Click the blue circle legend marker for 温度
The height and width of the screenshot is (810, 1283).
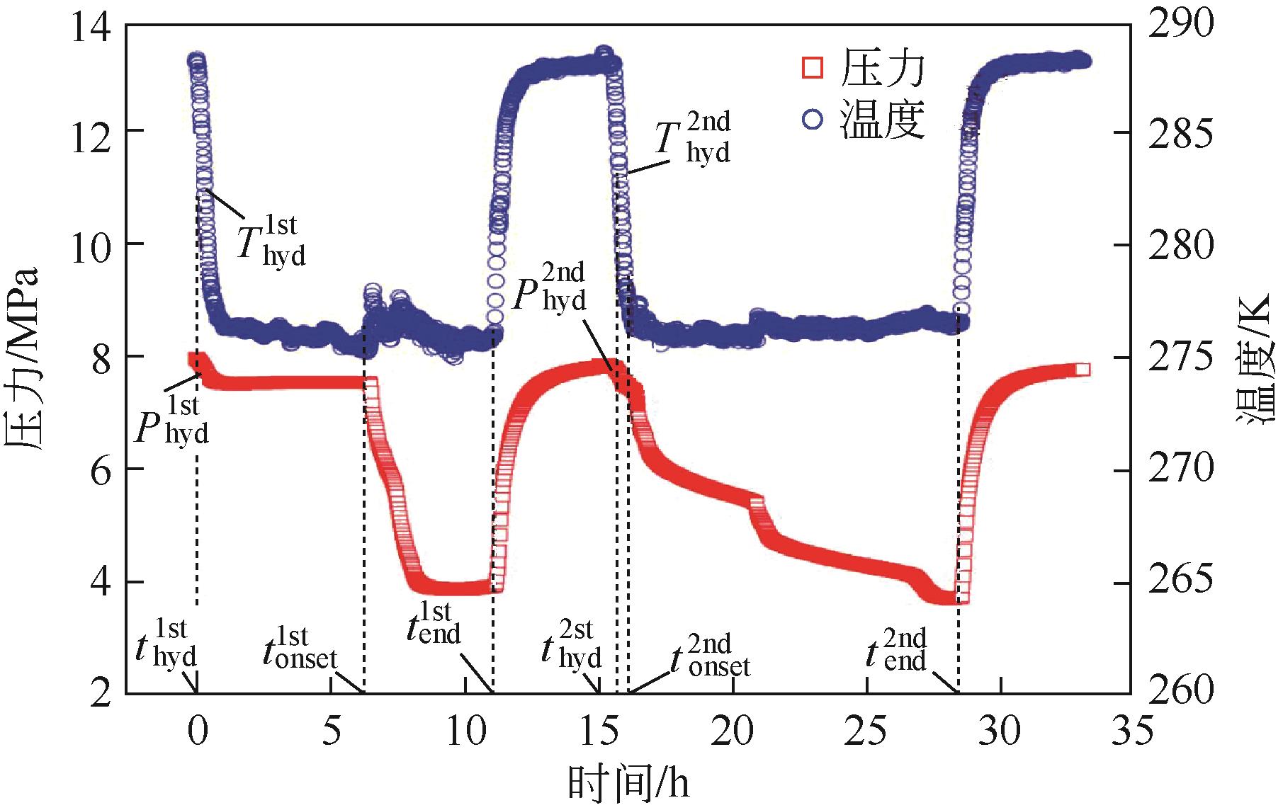click(813, 120)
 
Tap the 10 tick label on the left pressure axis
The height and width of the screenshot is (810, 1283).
click(93, 245)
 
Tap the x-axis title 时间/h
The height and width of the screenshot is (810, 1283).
click(629, 785)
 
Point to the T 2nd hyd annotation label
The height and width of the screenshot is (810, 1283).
click(691, 137)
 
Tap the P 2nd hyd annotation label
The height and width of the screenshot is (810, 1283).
click(549, 289)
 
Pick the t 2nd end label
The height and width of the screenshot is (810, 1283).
click(895, 650)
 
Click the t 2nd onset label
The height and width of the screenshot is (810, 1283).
click(709, 656)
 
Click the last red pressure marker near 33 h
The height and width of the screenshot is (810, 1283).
click(1082, 370)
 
